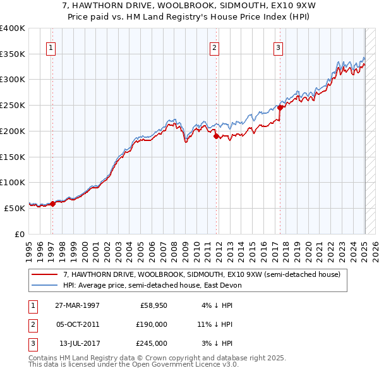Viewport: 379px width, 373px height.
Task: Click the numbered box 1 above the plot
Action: (x=51, y=46)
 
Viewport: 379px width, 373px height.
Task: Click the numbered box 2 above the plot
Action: (x=215, y=46)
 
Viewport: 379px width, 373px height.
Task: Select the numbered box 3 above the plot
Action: (x=279, y=46)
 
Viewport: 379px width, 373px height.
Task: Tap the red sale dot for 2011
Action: (x=215, y=136)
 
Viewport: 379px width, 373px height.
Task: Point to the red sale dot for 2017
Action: (x=280, y=107)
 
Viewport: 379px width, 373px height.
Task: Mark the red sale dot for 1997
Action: (x=52, y=204)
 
